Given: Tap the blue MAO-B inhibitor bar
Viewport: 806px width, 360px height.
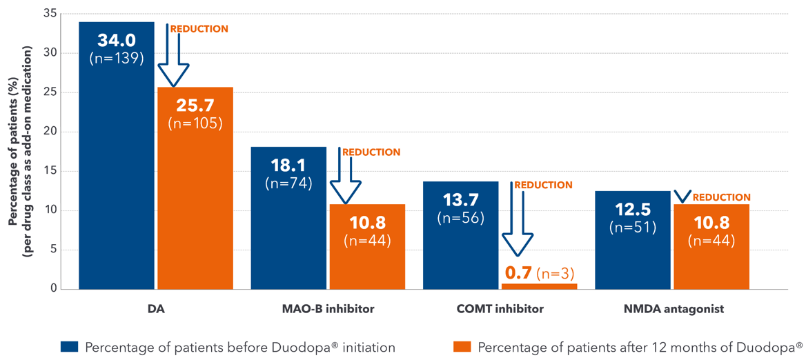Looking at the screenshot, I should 288,228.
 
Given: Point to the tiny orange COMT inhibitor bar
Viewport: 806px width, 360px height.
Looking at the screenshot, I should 539,286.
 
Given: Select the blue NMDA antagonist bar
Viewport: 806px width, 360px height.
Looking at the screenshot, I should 632,248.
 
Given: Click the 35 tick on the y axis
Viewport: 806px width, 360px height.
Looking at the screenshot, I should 50,14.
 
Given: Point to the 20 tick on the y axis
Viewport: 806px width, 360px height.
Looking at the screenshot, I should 50,132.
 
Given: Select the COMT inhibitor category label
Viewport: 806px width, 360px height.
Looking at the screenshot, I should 500,309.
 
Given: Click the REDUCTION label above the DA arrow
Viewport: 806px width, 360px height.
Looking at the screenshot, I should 199,29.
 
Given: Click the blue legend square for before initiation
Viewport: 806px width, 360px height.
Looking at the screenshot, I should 70,346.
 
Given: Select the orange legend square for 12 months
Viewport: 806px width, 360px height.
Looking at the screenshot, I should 462,346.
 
